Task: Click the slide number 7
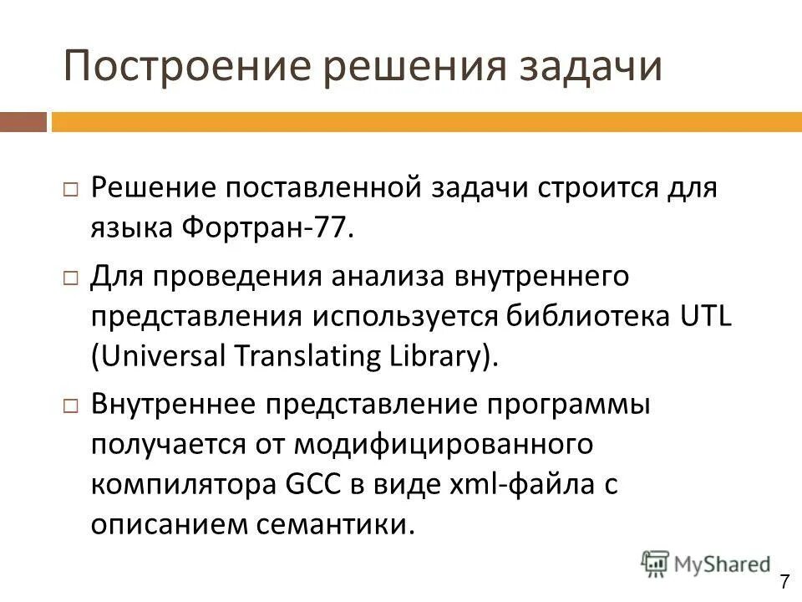point(785,583)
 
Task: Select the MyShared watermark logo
point(705,564)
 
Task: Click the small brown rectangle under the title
point(23,122)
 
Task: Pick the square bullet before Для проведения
point(70,276)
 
